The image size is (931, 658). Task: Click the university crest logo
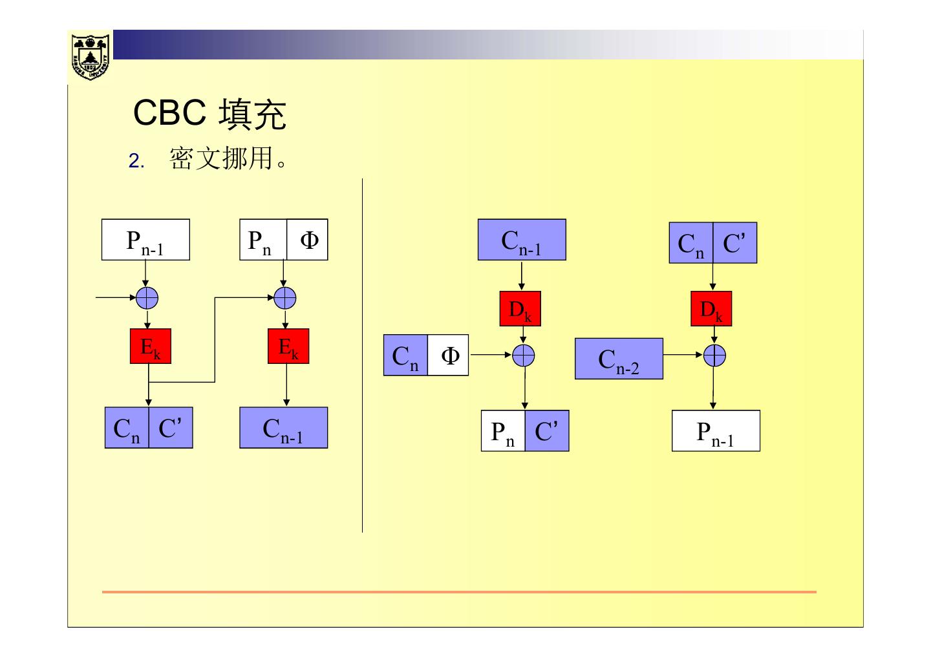tap(90, 56)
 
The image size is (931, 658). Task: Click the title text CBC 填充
tap(209, 114)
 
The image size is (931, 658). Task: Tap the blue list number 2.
tap(135, 161)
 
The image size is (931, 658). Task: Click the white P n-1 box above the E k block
tap(145, 240)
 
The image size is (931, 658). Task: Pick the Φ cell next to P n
tap(308, 240)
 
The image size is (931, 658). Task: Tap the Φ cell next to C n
tap(448, 356)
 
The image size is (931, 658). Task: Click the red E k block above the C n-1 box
tap(288, 346)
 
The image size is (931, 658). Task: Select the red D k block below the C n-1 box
tap(520, 309)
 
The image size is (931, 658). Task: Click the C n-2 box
tap(619, 359)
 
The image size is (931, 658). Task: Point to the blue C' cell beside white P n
tap(546, 430)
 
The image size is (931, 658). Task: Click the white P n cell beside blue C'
tap(502, 430)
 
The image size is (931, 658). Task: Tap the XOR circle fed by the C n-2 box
tap(714, 356)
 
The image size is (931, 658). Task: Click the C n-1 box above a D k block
tap(522, 240)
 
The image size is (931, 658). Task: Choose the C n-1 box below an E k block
tap(284, 428)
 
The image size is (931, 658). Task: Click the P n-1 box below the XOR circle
tap(716, 430)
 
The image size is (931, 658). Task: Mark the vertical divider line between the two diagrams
tap(362, 356)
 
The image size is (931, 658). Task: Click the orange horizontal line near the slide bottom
tap(459, 591)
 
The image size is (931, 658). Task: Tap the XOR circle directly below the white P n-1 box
tap(147, 298)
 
